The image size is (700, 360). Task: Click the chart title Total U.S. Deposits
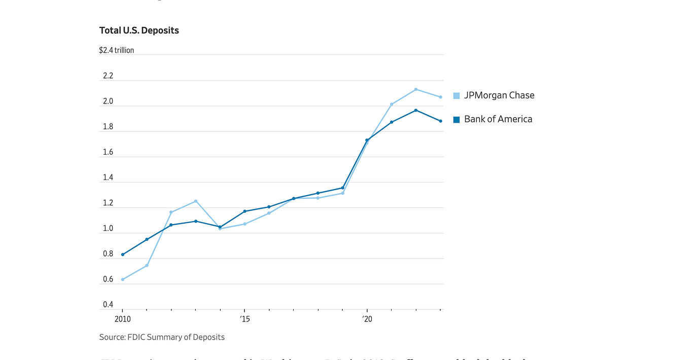click(x=139, y=30)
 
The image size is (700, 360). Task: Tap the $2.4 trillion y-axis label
click(x=117, y=51)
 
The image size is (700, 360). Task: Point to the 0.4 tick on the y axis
click(x=108, y=305)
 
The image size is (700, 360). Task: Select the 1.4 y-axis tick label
click(x=108, y=178)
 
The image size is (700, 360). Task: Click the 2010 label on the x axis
click(x=122, y=319)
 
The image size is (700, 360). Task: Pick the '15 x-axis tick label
click(x=244, y=319)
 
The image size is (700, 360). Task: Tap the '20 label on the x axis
click(x=367, y=319)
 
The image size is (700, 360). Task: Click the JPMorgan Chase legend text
click(x=499, y=95)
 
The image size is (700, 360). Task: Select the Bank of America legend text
click(x=498, y=119)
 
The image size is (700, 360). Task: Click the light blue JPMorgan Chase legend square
click(x=457, y=95)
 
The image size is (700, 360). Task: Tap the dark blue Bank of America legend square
click(x=457, y=120)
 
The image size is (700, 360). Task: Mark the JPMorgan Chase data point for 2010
click(x=123, y=279)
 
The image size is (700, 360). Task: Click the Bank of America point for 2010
click(x=123, y=255)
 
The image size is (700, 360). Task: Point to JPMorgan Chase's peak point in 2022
click(x=416, y=89)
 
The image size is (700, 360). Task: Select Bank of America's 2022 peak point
click(x=416, y=110)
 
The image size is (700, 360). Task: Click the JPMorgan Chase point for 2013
click(x=196, y=201)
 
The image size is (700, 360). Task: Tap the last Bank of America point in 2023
click(x=440, y=121)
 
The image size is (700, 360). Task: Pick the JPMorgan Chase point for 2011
click(x=147, y=265)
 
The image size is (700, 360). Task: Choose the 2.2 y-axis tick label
click(x=108, y=76)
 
